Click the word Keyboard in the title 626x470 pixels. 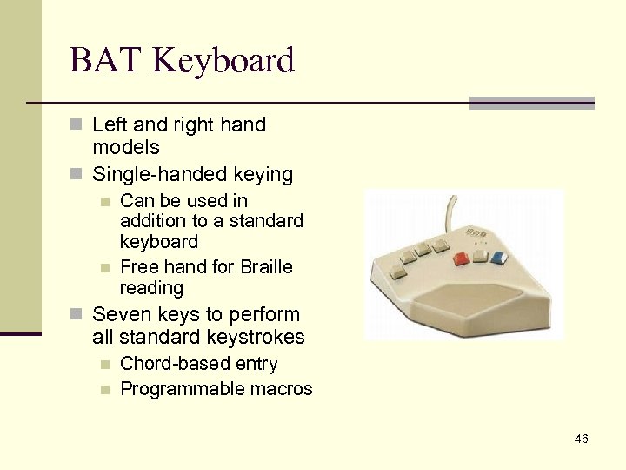(x=225, y=61)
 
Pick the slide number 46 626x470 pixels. (x=581, y=439)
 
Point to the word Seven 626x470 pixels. (x=119, y=314)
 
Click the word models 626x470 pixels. (x=125, y=148)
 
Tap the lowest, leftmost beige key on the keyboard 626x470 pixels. (x=399, y=272)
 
